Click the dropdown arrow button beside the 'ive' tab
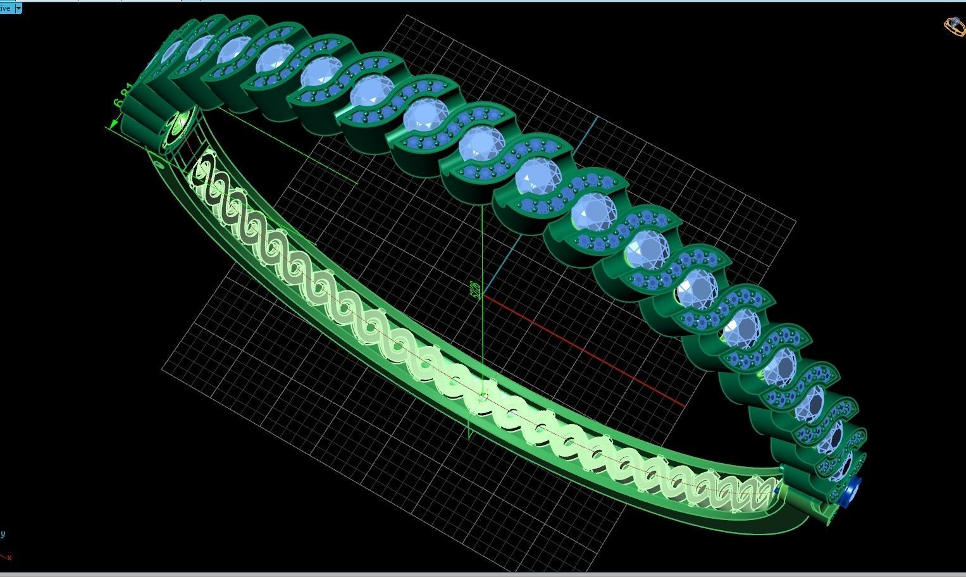tap(18, 8)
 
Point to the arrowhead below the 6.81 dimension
tap(115, 125)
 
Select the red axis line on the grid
tap(582, 351)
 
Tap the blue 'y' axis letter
tap(3, 534)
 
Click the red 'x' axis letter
tap(9, 557)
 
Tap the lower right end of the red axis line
tap(683, 406)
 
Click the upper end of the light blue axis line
tap(598, 118)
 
